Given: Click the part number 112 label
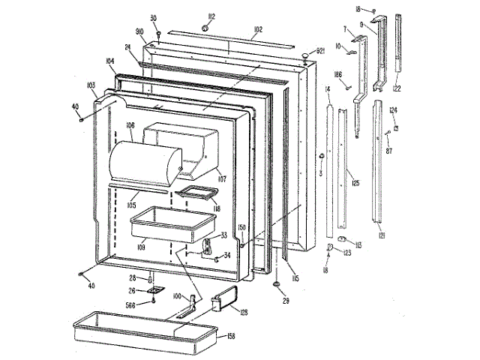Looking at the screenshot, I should coord(191,17).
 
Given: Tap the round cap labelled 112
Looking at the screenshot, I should coord(204,28).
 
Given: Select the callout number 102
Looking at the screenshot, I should coord(257,31).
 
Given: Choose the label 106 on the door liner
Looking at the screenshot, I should coord(130,125).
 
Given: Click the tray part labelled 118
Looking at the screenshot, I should coord(194,193).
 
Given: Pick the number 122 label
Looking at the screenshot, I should coord(397,89).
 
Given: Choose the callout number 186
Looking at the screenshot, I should coord(337,75).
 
